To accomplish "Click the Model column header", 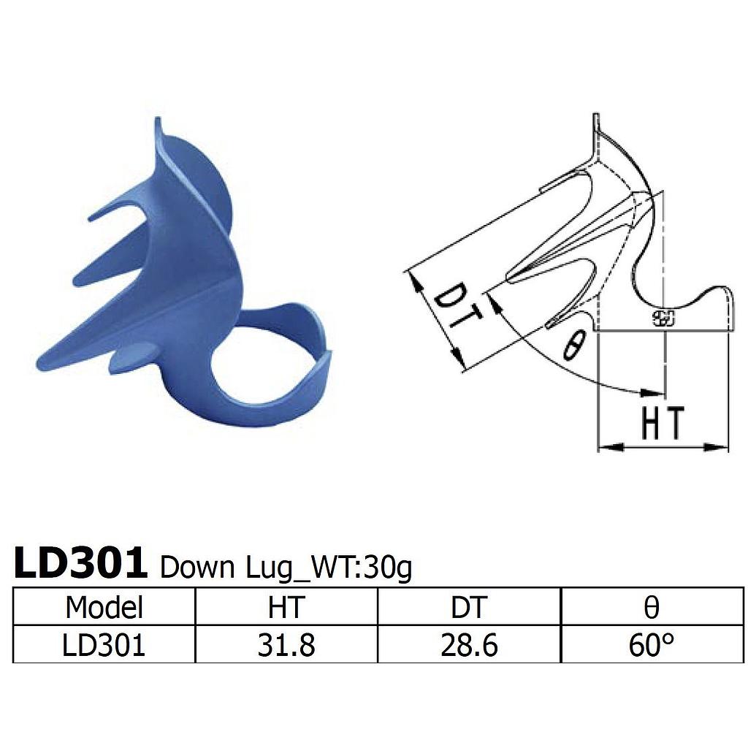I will click(x=104, y=607).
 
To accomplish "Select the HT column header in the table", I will click(x=286, y=607).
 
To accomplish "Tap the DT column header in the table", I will click(x=469, y=607).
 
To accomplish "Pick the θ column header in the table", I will click(x=652, y=607).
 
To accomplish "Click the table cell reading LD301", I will click(x=104, y=645).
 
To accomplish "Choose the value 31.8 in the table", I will click(x=286, y=645).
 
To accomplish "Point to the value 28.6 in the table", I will click(x=469, y=645).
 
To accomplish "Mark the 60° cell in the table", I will click(x=652, y=645).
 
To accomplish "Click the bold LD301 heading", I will click(x=80, y=564).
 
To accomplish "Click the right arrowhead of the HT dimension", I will click(x=720, y=446).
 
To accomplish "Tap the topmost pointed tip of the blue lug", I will click(x=156, y=120).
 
